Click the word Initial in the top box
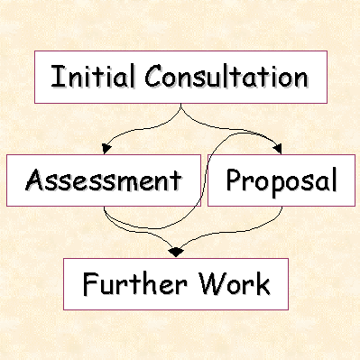pyautogui.click(x=88, y=76)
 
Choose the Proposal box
pyautogui.click(x=280, y=180)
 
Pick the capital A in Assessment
pyautogui.click(x=35, y=180)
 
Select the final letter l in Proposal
pyautogui.click(x=332, y=180)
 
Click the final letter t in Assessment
pyautogui.click(x=175, y=180)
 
